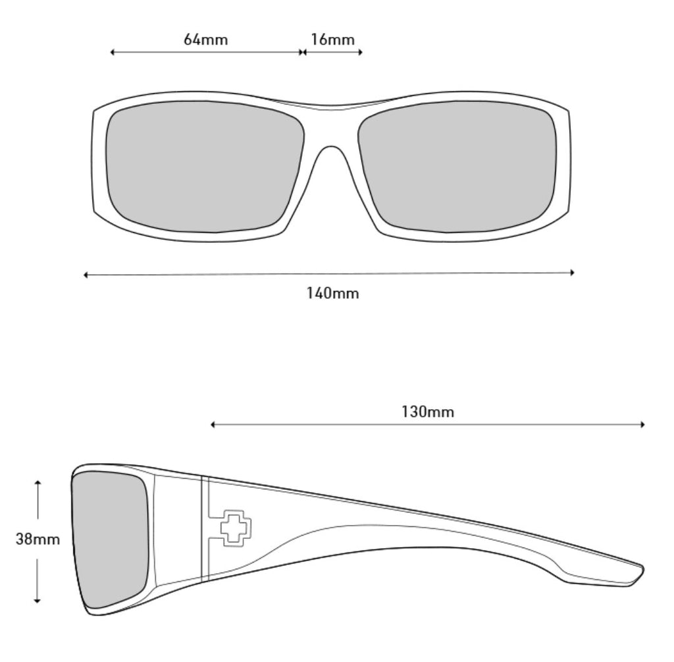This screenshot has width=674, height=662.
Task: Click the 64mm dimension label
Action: pos(205,40)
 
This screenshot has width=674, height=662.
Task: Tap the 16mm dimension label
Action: pos(332,40)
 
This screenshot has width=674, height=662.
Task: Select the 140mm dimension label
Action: pos(332,293)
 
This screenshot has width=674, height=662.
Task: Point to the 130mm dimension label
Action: pos(428,412)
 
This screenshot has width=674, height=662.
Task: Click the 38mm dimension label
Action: pos(38,539)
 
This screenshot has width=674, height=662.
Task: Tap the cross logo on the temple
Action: pos(235,527)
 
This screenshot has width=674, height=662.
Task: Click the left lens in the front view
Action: pos(205,166)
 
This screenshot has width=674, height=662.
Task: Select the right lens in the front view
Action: pos(457,166)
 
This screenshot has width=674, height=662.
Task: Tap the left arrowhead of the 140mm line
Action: pos(86,275)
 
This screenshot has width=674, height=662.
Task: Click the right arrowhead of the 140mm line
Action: pos(573,272)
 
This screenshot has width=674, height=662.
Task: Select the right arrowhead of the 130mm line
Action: pos(642,425)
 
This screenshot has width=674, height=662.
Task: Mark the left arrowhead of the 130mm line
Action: pos(213,425)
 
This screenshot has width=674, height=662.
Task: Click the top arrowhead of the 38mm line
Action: pos(38,483)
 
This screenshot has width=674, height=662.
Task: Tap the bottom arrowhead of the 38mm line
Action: pos(38,600)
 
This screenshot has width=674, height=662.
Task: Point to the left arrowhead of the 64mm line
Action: pos(113,52)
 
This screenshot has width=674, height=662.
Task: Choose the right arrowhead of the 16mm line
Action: pos(360,52)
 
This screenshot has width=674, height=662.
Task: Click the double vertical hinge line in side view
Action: pos(204,527)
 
